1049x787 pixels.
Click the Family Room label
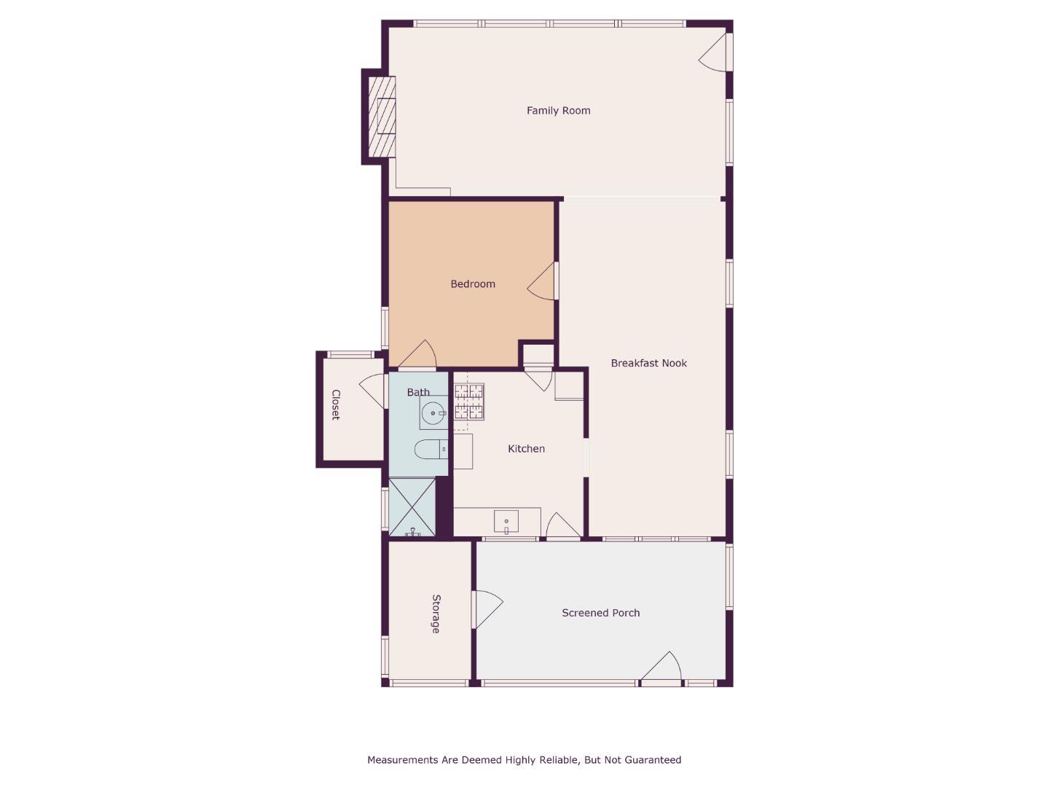(558, 111)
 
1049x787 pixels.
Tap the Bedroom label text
(472, 284)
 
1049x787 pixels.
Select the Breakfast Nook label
(648, 363)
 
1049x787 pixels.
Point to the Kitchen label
(526, 449)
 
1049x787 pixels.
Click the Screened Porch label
(600, 613)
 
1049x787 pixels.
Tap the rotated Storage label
(436, 614)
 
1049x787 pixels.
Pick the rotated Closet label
(336, 405)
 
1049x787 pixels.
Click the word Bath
(418, 392)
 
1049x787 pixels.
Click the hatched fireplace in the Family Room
(382, 117)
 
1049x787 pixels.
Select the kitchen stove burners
(469, 402)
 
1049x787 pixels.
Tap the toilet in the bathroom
(429, 449)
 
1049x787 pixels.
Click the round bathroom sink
(433, 413)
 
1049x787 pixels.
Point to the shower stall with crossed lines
(412, 507)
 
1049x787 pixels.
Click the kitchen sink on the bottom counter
(506, 522)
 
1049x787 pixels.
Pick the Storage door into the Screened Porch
(487, 608)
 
